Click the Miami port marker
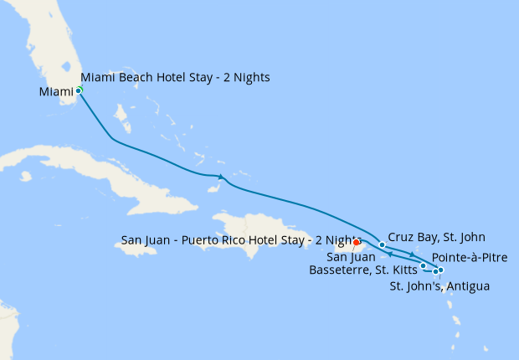[x=79, y=90]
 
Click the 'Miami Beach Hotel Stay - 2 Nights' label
[x=175, y=78]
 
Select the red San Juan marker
[x=357, y=244]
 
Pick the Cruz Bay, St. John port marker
[x=383, y=245]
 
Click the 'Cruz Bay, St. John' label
[x=436, y=237]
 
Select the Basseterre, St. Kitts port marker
[x=424, y=266]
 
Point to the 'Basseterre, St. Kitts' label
[x=363, y=270]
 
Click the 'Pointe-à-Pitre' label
[x=470, y=257]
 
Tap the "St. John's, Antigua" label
[x=440, y=286]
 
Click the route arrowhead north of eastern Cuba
[x=220, y=177]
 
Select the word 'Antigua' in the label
[x=469, y=286]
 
